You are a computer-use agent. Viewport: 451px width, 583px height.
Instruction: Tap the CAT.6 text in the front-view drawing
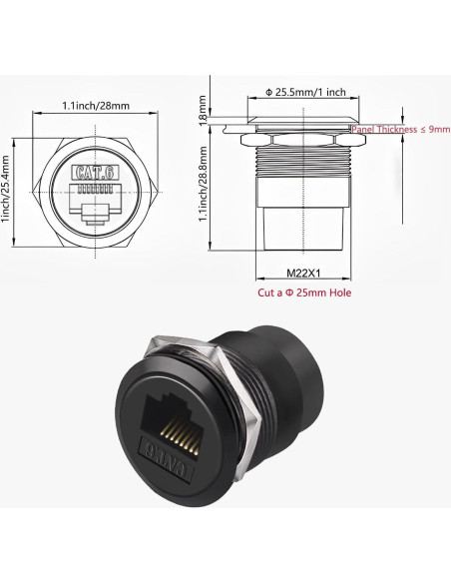(x=94, y=172)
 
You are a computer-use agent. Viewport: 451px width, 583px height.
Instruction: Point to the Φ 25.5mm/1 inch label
(x=306, y=92)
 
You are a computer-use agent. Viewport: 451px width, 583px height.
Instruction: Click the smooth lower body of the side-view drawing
(x=305, y=225)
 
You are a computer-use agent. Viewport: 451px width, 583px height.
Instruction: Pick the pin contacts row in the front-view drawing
(x=94, y=189)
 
